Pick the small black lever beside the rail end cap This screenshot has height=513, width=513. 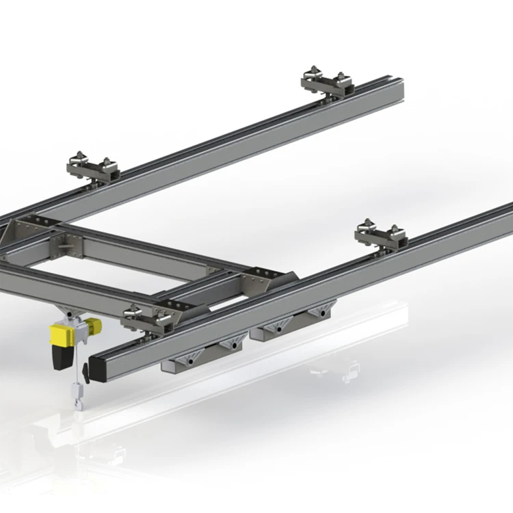click(x=85, y=372)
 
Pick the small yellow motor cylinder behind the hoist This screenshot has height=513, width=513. click(x=93, y=325)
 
